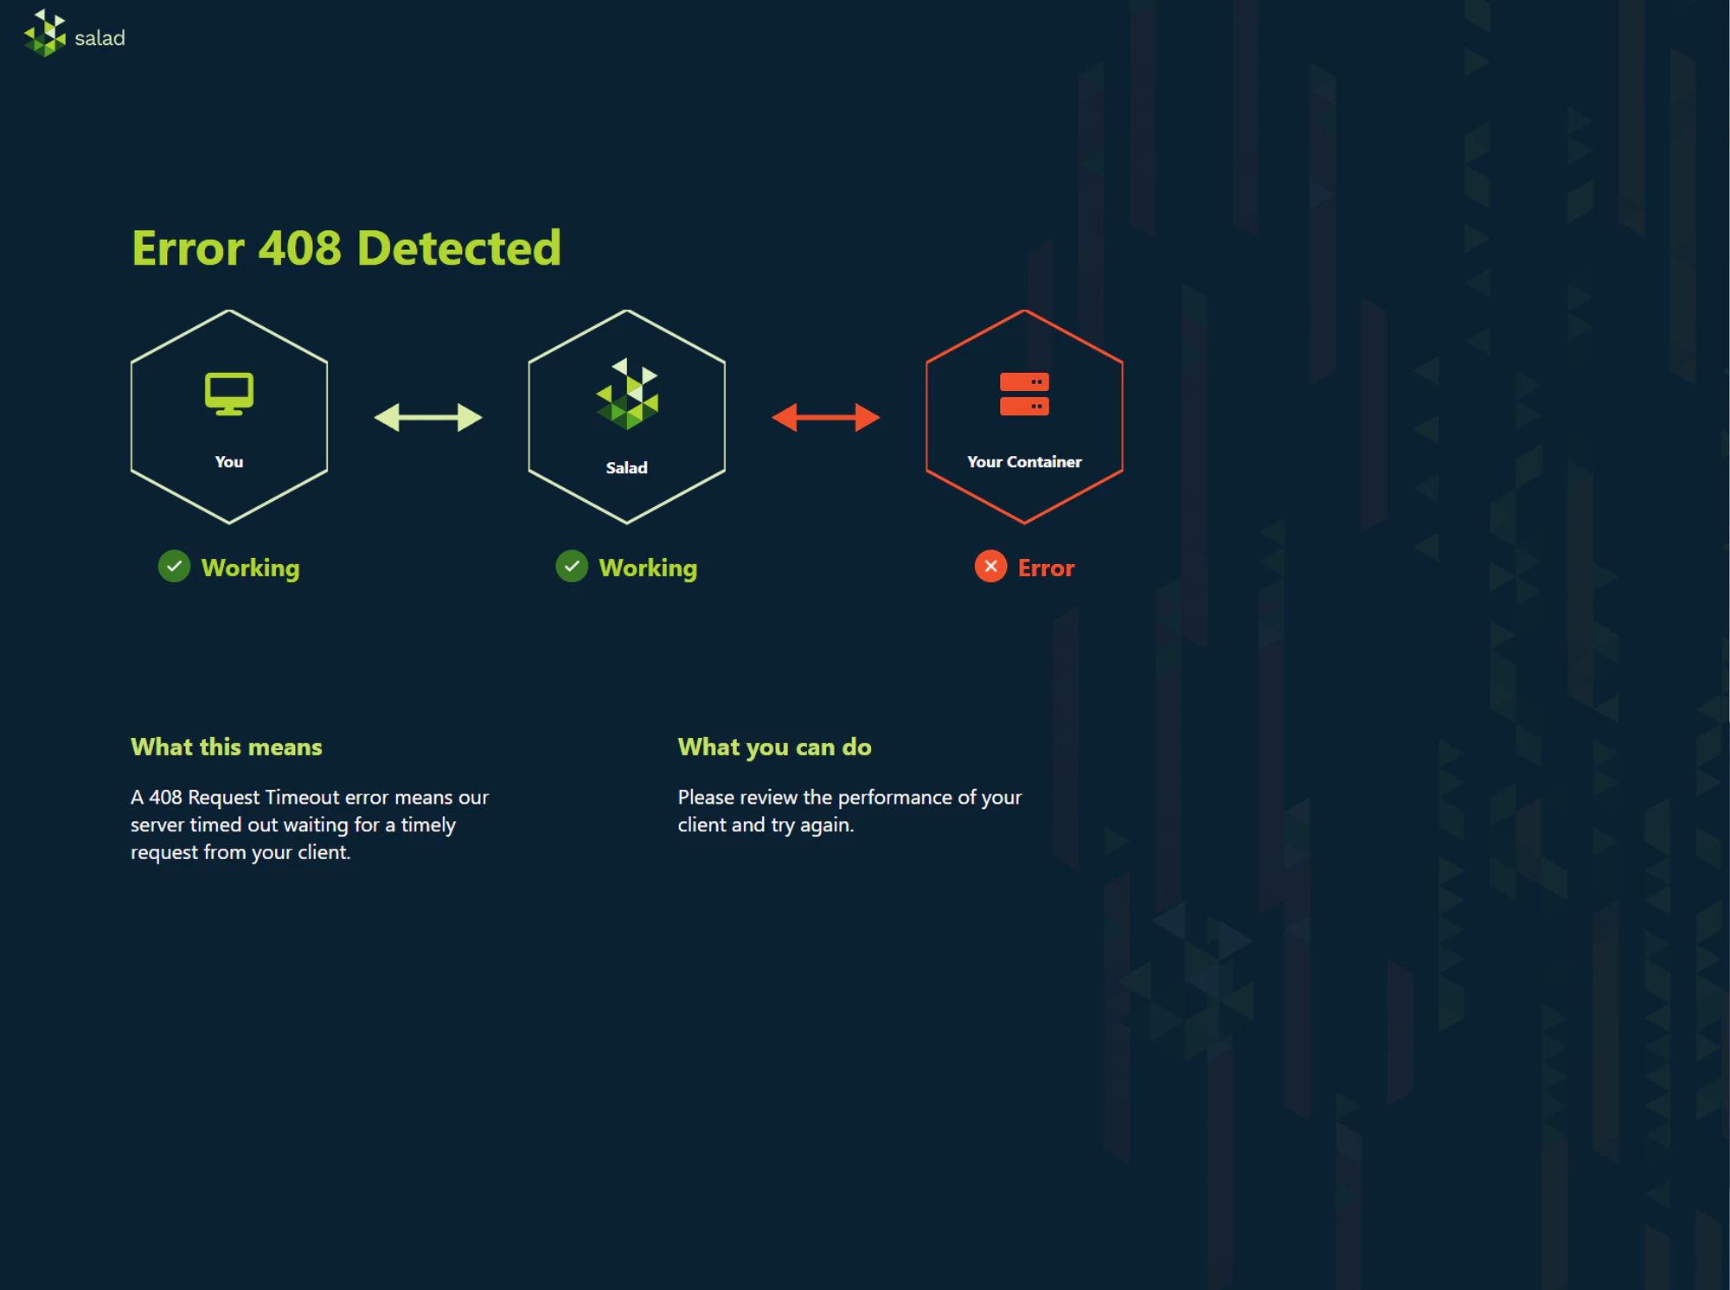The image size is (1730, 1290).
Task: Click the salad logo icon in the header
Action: [45, 34]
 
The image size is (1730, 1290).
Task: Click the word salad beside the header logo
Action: [99, 38]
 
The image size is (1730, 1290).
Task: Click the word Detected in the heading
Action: [458, 248]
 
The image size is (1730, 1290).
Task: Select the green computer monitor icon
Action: [229, 394]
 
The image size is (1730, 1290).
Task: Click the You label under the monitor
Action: [229, 462]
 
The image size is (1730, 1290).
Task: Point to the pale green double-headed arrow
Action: [428, 418]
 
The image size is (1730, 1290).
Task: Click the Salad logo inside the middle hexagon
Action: [627, 395]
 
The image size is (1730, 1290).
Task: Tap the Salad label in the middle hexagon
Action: [626, 468]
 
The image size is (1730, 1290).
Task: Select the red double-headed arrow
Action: [826, 418]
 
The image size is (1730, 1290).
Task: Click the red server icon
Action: [1024, 395]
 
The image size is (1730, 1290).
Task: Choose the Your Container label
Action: [1024, 462]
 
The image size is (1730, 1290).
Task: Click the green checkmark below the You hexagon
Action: [174, 567]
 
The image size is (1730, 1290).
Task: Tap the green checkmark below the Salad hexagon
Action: [572, 567]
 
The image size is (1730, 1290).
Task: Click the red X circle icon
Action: [990, 567]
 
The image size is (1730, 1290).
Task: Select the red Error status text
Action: [1046, 568]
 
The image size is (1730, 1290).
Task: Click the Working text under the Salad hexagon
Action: [648, 568]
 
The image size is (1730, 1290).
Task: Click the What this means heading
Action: [227, 747]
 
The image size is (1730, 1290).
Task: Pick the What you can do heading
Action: [774, 747]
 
